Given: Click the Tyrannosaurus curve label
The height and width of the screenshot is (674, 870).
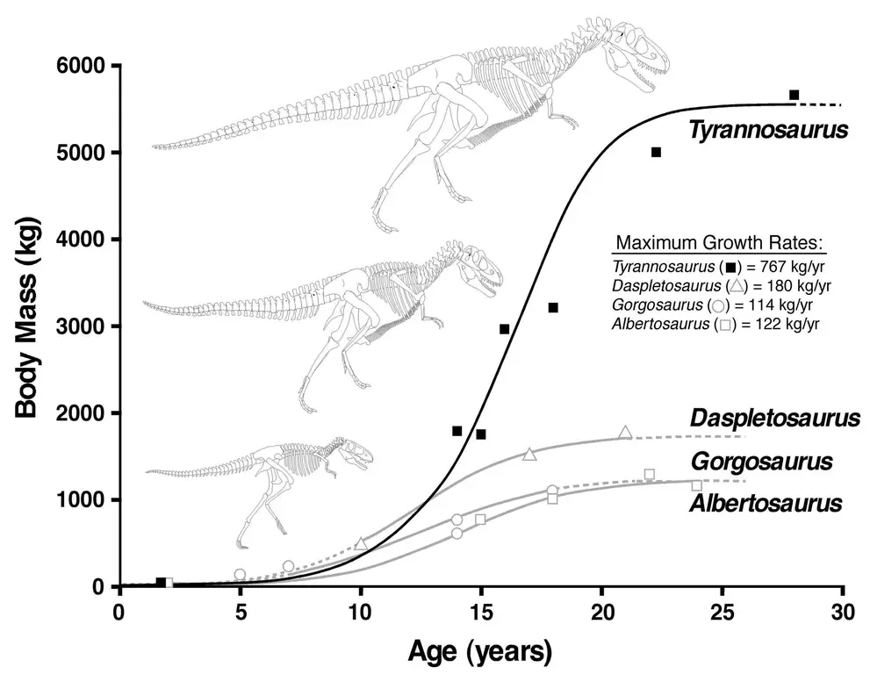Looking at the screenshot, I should click(x=768, y=132).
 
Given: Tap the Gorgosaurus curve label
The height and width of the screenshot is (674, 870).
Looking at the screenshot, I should click(x=761, y=462).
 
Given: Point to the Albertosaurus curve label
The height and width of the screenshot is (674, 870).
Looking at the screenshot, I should click(x=766, y=504).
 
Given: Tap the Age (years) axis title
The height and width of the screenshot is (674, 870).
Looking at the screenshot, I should click(x=479, y=651).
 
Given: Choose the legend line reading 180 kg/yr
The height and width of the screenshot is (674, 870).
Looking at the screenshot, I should click(x=721, y=286).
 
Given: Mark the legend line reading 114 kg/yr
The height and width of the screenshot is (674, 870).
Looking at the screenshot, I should click(x=717, y=305).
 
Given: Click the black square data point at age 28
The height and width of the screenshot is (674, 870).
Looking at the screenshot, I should click(x=794, y=95).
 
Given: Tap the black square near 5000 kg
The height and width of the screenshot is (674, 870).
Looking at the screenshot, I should click(x=656, y=153).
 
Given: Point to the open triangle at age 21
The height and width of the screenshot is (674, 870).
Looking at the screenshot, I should click(x=625, y=432).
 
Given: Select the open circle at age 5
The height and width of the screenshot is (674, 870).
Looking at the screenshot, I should click(x=240, y=574).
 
